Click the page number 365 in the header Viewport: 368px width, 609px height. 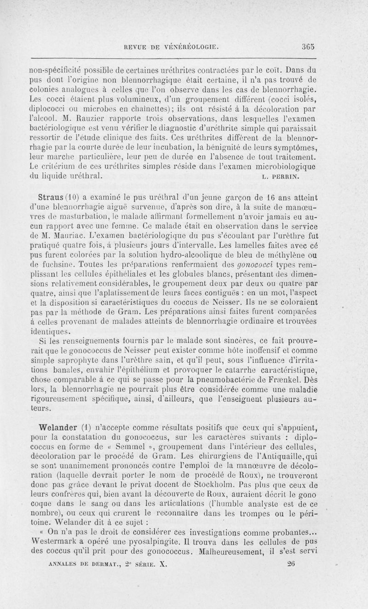coord(308,46)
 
